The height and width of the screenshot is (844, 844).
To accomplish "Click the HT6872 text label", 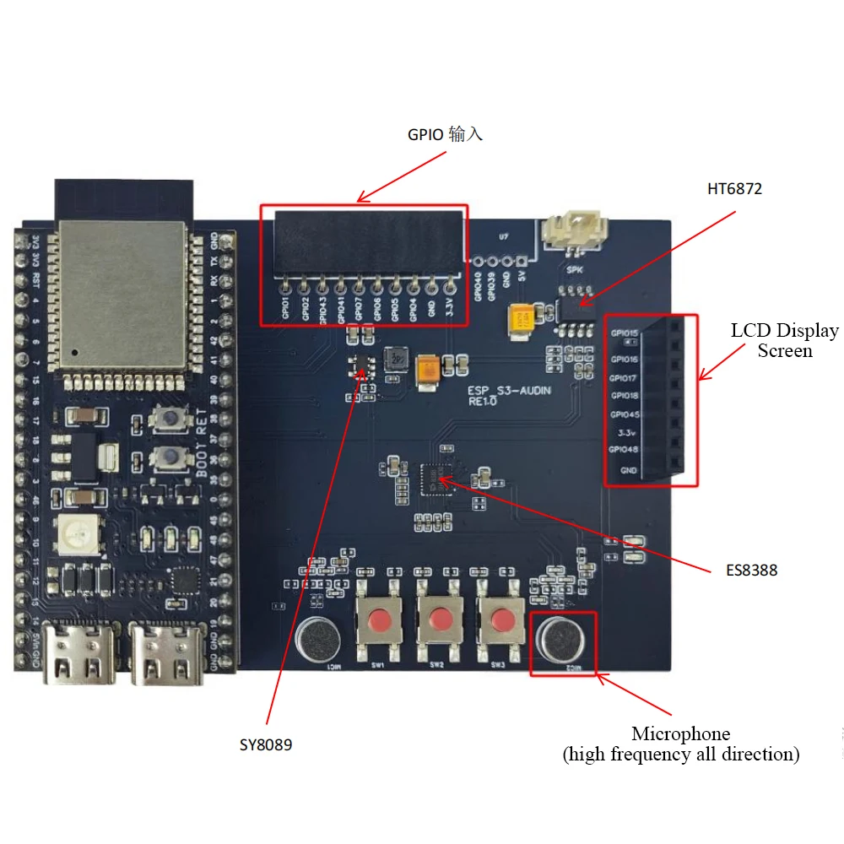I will point(734,189).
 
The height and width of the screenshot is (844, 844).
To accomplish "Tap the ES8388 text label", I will point(751,571).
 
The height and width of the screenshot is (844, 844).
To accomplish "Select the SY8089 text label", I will point(266,745).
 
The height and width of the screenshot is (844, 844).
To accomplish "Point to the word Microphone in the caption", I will point(680,733).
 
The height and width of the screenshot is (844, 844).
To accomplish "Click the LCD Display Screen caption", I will point(784,341).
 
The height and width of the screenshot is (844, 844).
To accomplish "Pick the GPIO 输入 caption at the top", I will point(445,134).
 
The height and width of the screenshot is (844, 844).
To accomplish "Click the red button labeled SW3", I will point(498,619).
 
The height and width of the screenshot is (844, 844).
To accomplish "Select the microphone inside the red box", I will point(562,641).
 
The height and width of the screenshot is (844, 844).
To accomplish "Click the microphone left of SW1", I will point(316,639).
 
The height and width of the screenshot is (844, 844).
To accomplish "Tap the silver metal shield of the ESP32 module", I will point(121,295).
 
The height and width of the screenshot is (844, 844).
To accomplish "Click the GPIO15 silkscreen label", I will point(624,333).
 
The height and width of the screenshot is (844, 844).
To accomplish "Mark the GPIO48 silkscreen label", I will point(624,450).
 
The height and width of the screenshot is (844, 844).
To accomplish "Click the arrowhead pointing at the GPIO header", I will point(361,200).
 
